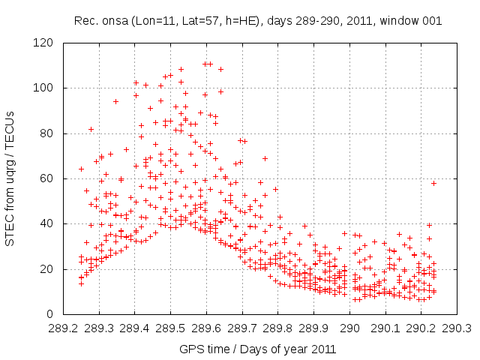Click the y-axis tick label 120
coord(46,43)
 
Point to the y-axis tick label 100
coord(46,88)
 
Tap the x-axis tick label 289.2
coord(63,328)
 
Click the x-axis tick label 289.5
coord(170,328)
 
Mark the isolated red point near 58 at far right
coord(433,183)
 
